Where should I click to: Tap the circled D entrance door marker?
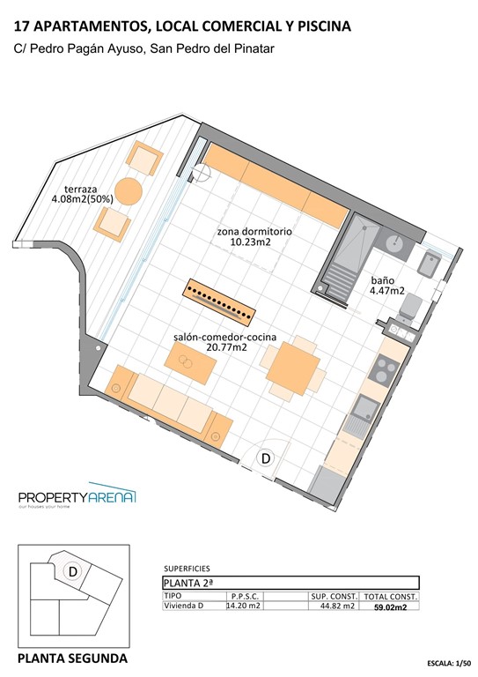coord(265,458)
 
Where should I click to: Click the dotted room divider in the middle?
coord(219,301)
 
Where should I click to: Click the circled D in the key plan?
coord(74,571)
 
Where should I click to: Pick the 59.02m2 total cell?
coord(391,606)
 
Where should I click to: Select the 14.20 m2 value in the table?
coord(243,606)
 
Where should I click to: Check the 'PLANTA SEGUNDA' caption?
coord(73,658)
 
